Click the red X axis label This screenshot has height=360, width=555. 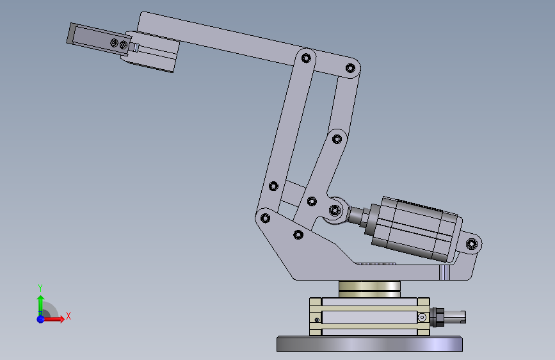tap(68, 316)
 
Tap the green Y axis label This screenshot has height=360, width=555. tap(40, 288)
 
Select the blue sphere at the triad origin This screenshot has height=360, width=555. tap(41, 319)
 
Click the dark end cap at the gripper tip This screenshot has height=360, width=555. tap(71, 34)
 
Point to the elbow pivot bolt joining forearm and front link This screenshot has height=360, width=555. tap(306, 58)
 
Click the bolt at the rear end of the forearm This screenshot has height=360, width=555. tap(350, 68)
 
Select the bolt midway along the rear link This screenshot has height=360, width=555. tap(337, 139)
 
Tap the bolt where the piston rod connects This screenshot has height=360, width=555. tap(335, 211)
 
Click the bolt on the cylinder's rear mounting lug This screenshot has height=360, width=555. tap(472, 244)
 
